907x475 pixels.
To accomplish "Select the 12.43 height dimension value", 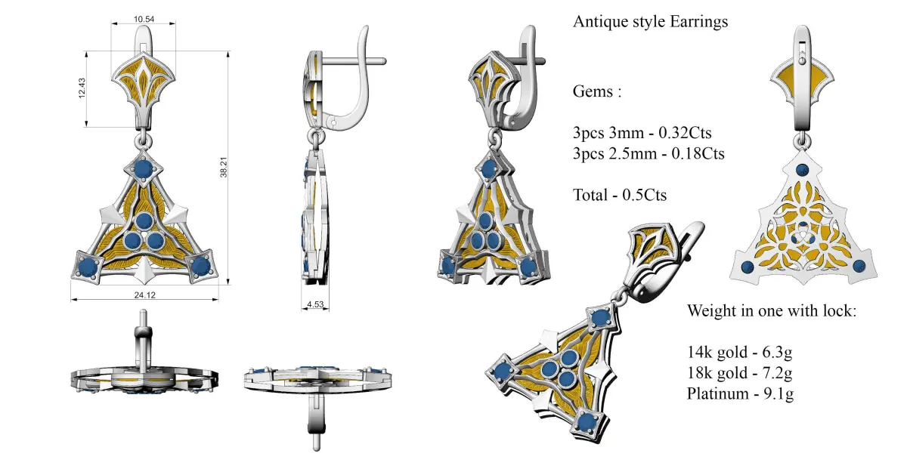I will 81,89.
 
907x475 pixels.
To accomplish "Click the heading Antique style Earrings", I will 650,22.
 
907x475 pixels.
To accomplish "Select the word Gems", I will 597,92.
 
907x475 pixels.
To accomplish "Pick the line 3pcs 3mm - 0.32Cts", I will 642,134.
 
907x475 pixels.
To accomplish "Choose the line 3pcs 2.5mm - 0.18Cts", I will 649,154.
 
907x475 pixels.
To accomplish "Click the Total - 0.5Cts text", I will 620,195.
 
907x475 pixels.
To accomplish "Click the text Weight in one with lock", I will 772,311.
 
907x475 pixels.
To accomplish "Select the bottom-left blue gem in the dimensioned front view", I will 88,266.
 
